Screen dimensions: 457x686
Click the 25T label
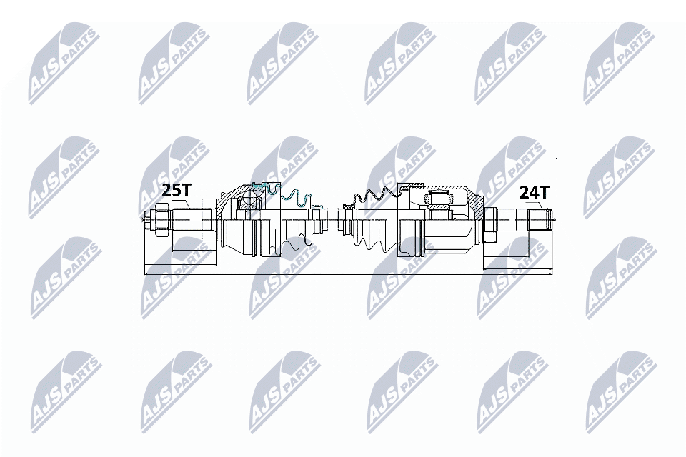coord(177,191)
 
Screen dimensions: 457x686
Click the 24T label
coord(534,192)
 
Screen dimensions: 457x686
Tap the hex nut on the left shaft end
coord(160,219)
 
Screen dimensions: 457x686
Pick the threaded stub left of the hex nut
coord(146,219)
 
